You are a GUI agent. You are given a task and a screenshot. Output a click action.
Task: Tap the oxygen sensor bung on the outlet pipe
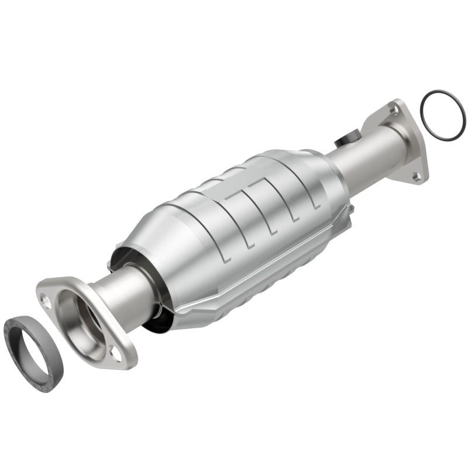coord(345,140)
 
